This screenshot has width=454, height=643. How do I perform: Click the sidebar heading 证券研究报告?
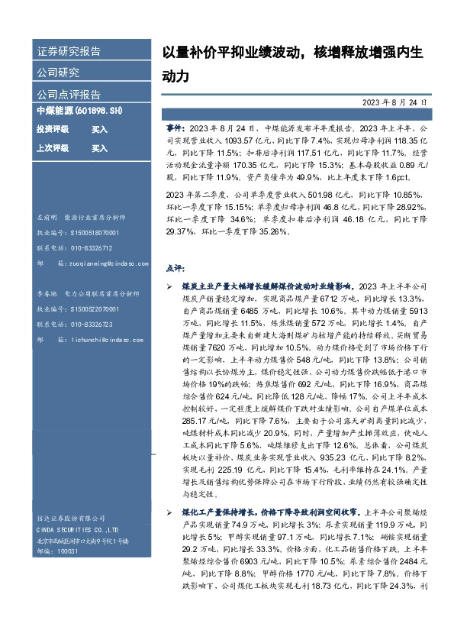point(69,52)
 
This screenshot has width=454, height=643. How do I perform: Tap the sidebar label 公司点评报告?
point(69,95)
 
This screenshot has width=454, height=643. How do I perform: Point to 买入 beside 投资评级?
point(99,130)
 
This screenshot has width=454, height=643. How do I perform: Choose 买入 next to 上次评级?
point(99,147)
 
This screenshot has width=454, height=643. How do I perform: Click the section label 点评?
point(175,269)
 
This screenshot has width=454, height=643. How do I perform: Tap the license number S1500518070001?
point(93,233)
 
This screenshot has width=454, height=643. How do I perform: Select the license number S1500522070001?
point(93,309)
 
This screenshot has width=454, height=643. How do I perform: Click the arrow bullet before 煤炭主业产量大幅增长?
point(169,285)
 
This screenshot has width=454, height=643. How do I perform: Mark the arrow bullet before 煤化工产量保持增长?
point(169,511)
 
